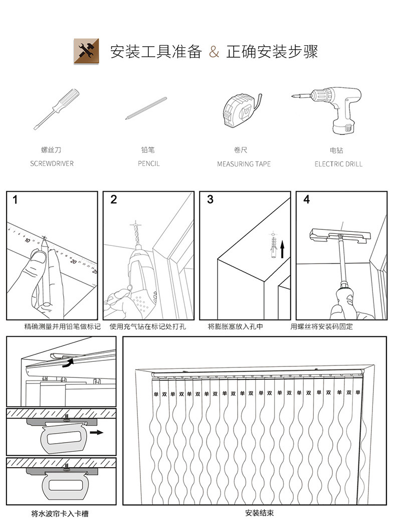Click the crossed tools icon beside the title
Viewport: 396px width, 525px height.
[x=86, y=51]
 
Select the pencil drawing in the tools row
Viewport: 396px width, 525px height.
[x=146, y=108]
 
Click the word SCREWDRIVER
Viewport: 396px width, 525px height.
[x=52, y=164]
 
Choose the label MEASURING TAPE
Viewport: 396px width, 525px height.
[x=244, y=164]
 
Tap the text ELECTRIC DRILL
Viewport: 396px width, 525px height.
[x=338, y=164]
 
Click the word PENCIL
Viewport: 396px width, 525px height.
[x=149, y=164]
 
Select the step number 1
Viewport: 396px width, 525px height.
[x=16, y=200]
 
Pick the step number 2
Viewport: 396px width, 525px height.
[x=113, y=200]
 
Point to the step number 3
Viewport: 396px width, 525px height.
[x=210, y=200]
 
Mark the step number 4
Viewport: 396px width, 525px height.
[x=306, y=200]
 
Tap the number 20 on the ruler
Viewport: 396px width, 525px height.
[x=74, y=261]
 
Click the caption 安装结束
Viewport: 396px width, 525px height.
[x=259, y=513]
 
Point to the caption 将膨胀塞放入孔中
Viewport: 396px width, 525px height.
[x=235, y=327]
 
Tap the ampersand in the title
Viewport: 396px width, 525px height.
[x=214, y=52]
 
